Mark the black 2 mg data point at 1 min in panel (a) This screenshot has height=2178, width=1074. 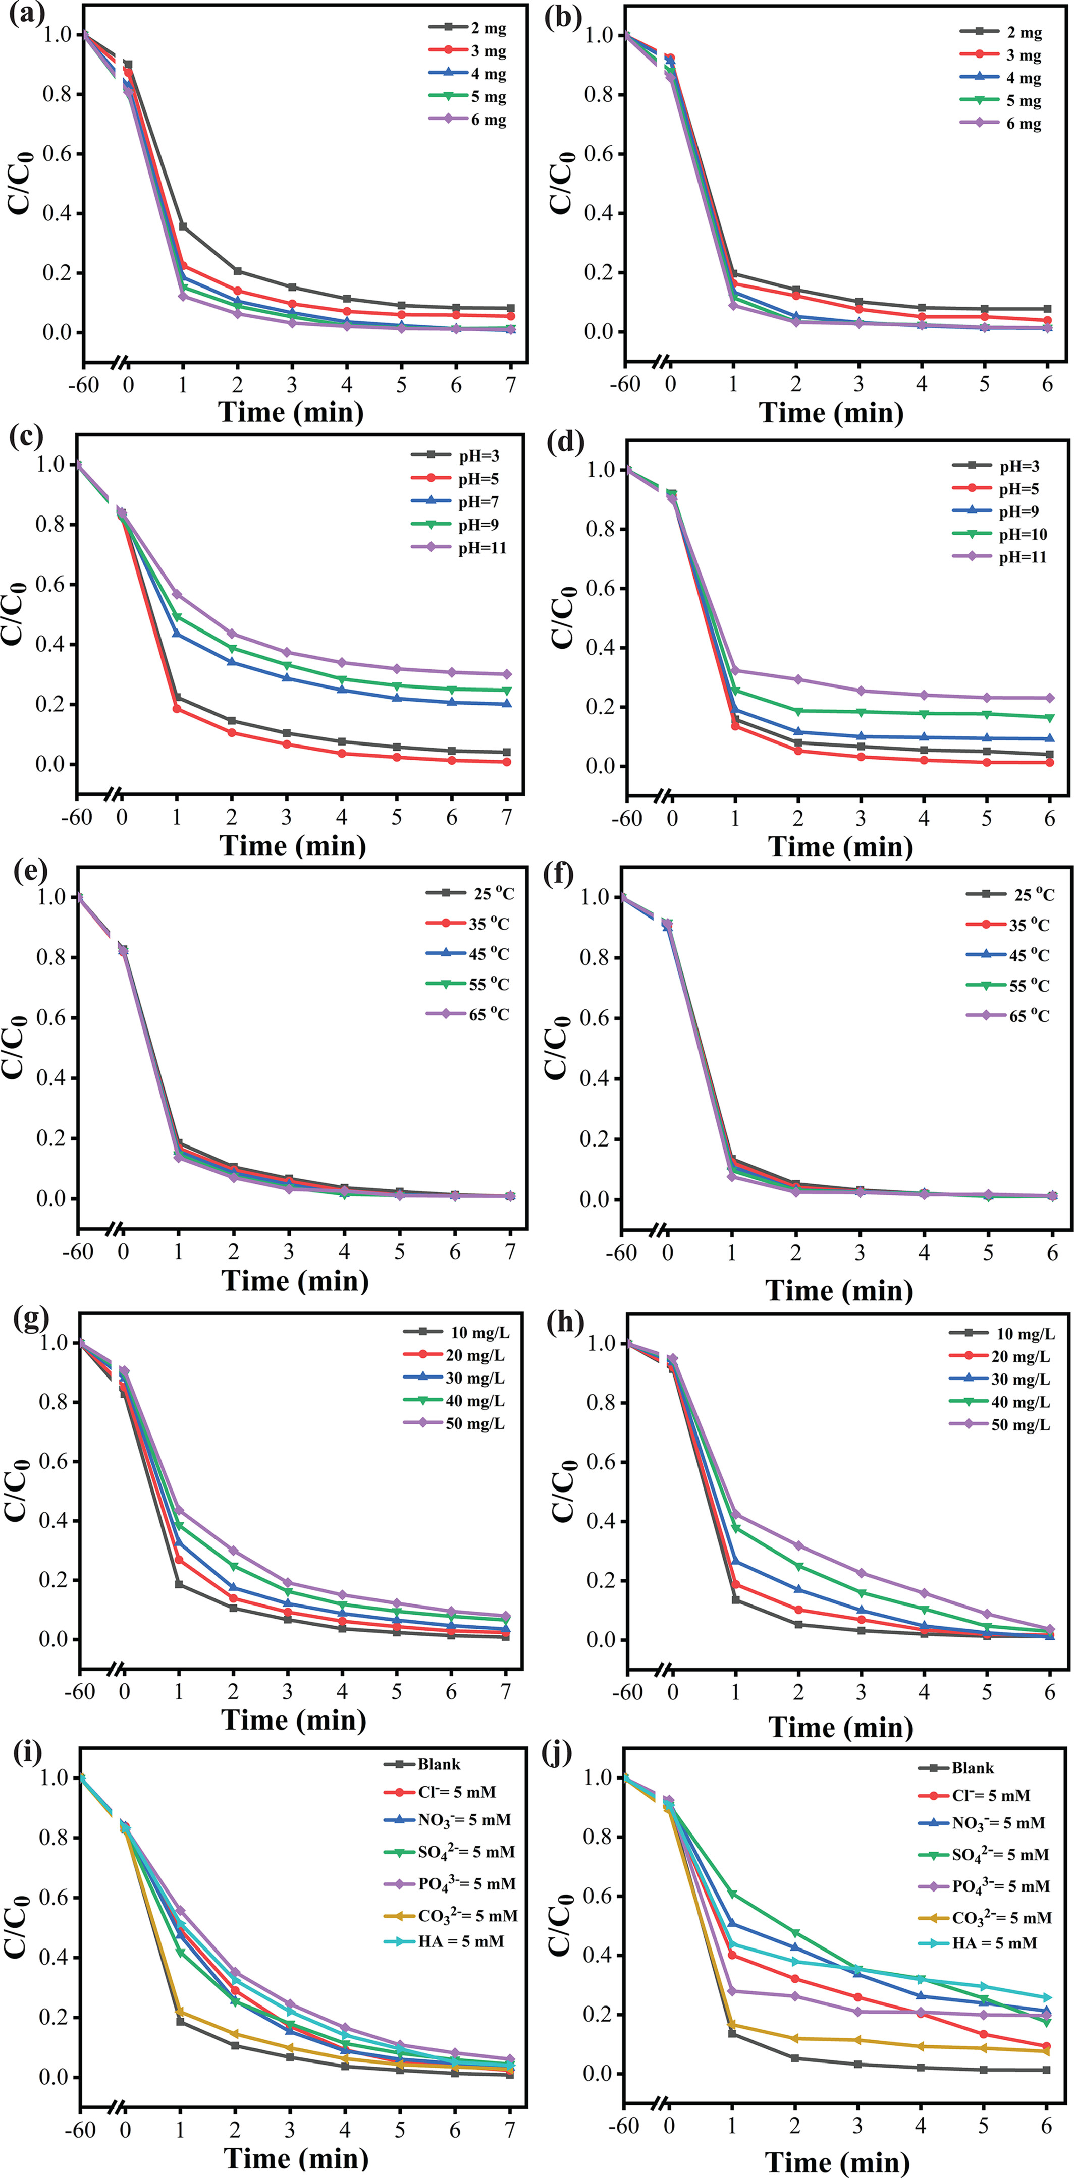point(183,226)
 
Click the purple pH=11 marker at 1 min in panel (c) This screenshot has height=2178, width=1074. point(177,594)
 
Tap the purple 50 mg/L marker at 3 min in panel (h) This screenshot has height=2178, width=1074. point(862,1573)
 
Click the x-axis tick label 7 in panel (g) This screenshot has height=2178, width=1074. point(506,1691)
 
